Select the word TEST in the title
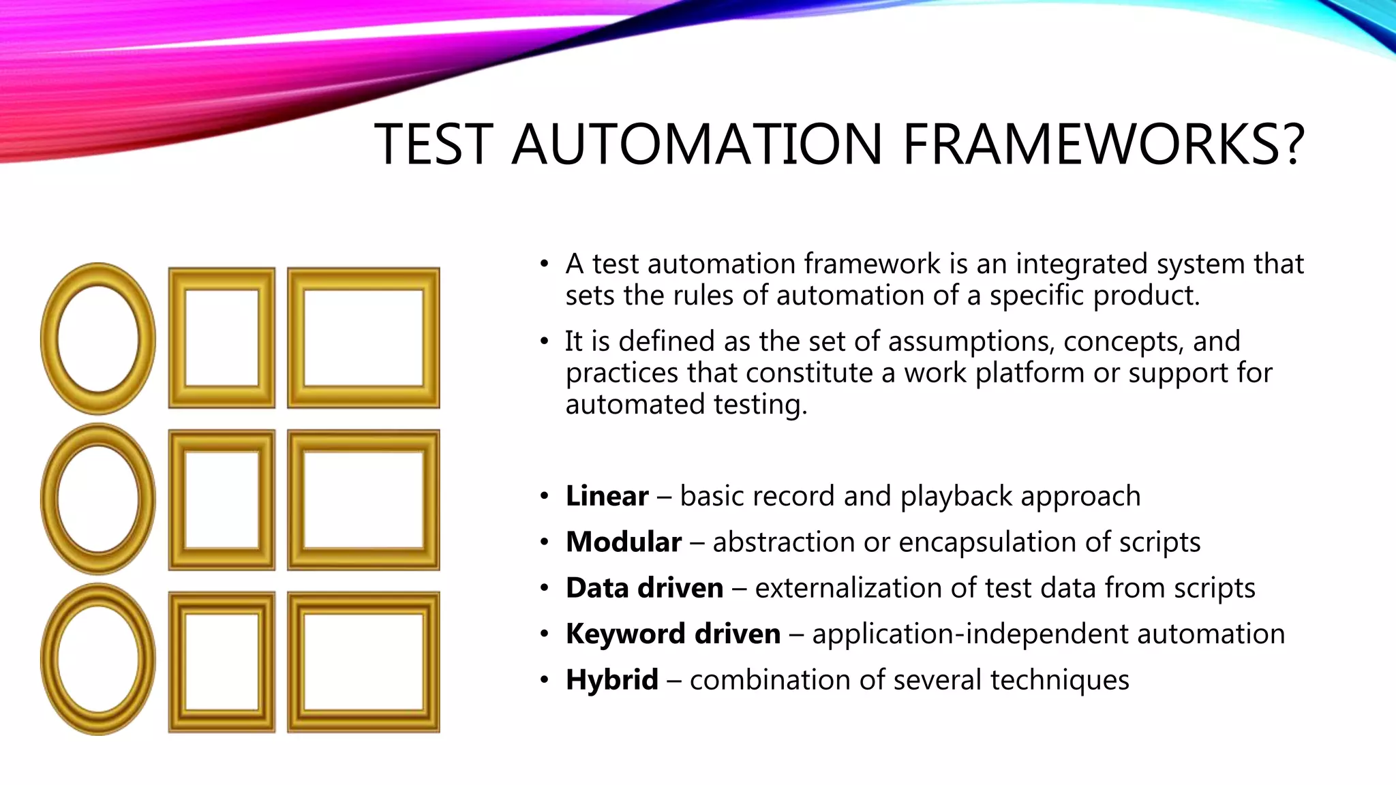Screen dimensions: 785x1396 click(434, 144)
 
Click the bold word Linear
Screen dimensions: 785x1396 click(607, 496)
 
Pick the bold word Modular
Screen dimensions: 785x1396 click(623, 542)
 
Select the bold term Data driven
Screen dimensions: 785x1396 click(644, 588)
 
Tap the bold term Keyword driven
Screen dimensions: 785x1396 click(673, 634)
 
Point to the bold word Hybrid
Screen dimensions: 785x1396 click(611, 680)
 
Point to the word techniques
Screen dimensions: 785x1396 click(1059, 680)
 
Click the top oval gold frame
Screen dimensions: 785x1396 click(98, 339)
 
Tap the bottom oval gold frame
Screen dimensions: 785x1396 click(98, 660)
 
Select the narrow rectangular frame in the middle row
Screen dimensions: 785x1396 click(222, 499)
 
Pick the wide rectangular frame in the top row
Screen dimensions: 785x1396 click(363, 338)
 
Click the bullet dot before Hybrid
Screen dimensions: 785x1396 click(544, 680)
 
